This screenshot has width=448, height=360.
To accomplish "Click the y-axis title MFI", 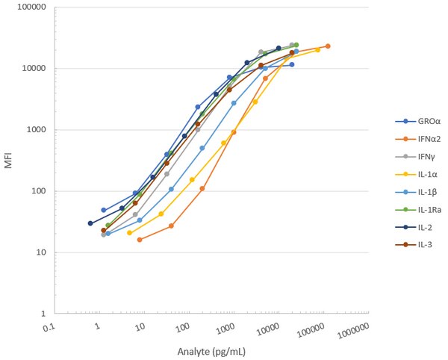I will pyautogui.click(x=9, y=160).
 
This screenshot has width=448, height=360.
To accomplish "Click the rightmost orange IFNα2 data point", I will pyautogui.click(x=328, y=46).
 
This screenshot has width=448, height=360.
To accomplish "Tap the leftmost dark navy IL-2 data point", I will pyautogui.click(x=90, y=223).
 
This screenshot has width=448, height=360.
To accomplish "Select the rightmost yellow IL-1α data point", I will pyautogui.click(x=317, y=50).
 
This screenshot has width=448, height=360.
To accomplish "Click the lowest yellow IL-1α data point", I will pyautogui.click(x=130, y=233).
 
